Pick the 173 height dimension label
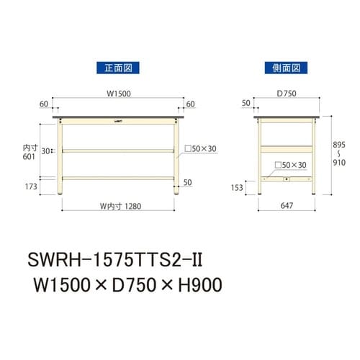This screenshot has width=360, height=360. (x=30, y=188)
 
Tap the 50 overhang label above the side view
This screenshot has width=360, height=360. (x=246, y=104)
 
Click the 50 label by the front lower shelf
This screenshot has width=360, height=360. (x=187, y=182)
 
